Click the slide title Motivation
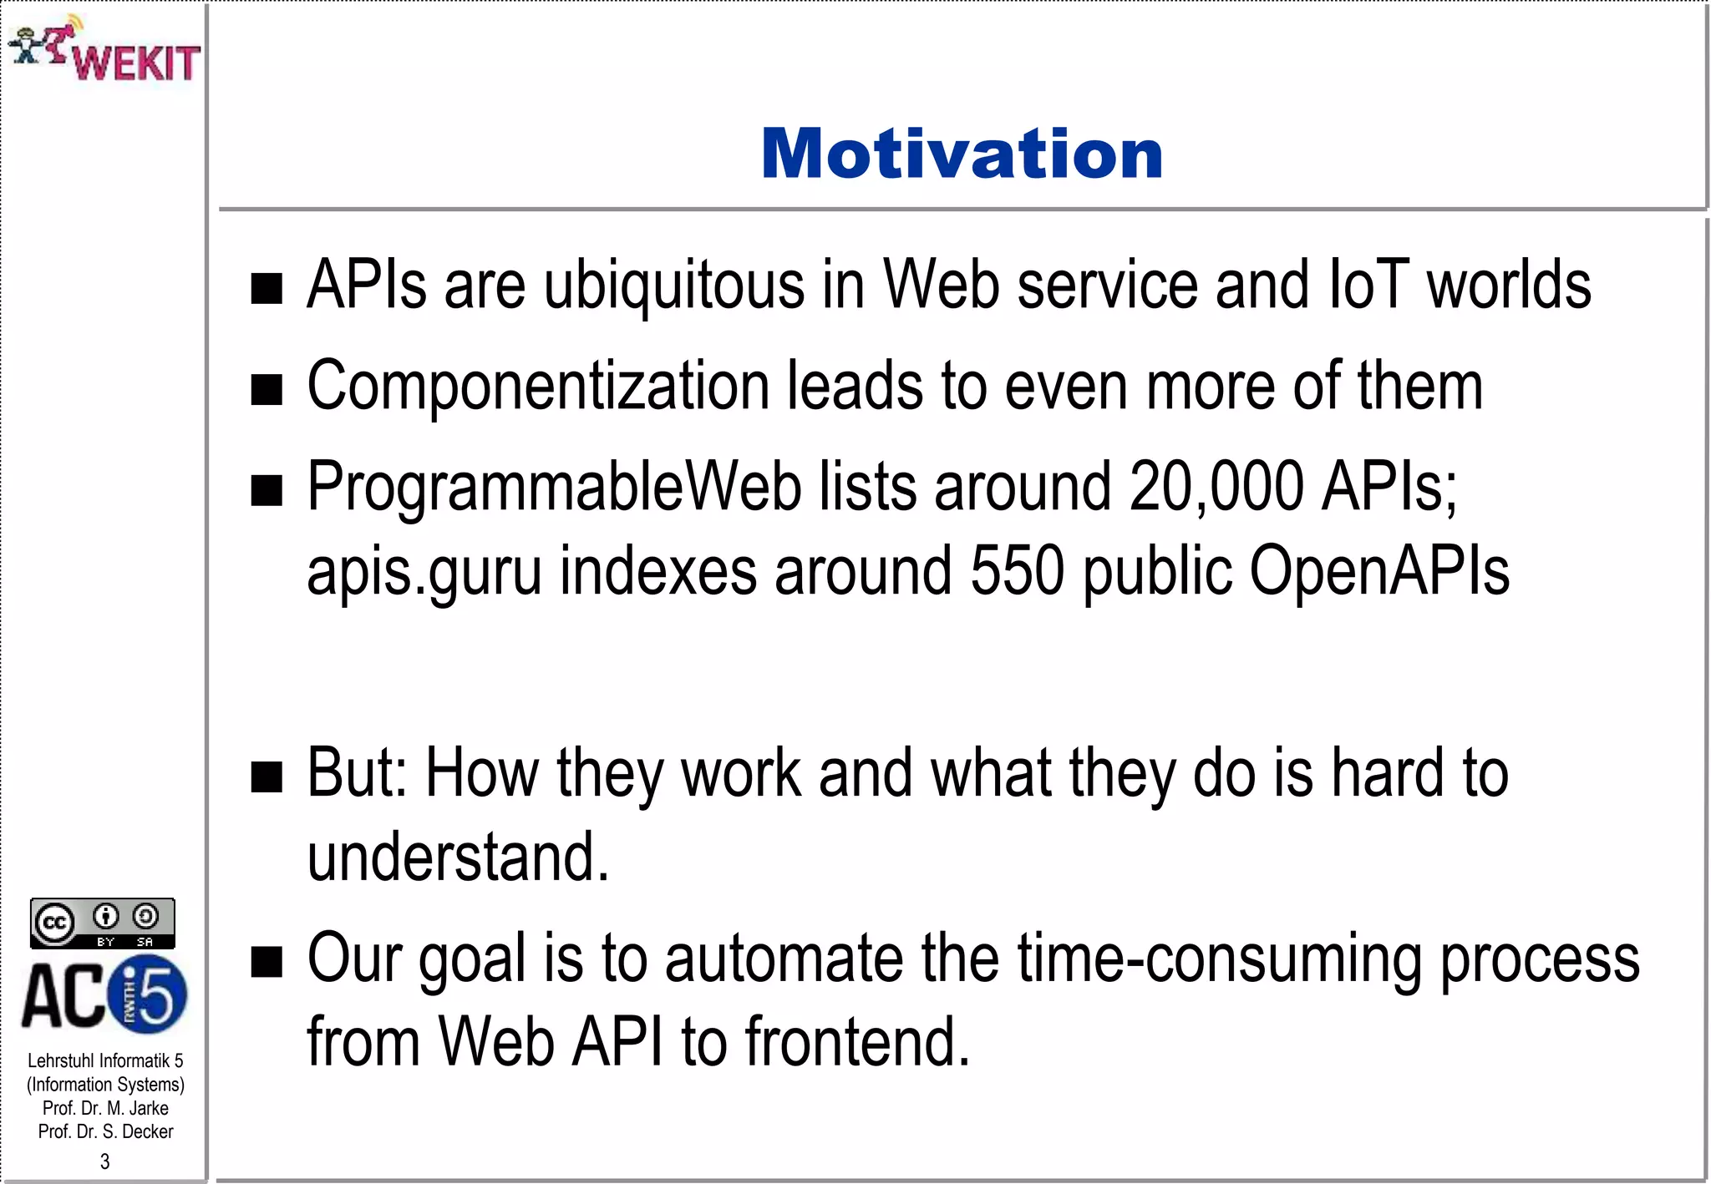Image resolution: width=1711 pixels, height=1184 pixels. [x=962, y=154]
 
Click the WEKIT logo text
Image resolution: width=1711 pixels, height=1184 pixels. [x=136, y=62]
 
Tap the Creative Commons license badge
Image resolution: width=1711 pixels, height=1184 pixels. [x=102, y=923]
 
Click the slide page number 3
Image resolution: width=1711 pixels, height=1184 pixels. [x=104, y=1161]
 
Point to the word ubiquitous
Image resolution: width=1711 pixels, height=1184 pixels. [x=673, y=286]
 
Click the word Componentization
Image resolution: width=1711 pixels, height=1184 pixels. [x=537, y=387]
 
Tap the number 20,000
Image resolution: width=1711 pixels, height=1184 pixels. [x=1215, y=487]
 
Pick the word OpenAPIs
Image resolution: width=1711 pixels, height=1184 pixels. [x=1378, y=571]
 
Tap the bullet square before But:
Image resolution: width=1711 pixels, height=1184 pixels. [x=267, y=776]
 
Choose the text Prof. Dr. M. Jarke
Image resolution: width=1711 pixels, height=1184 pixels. [x=105, y=1108]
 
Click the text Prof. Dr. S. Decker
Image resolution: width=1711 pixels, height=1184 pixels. [x=105, y=1131]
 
